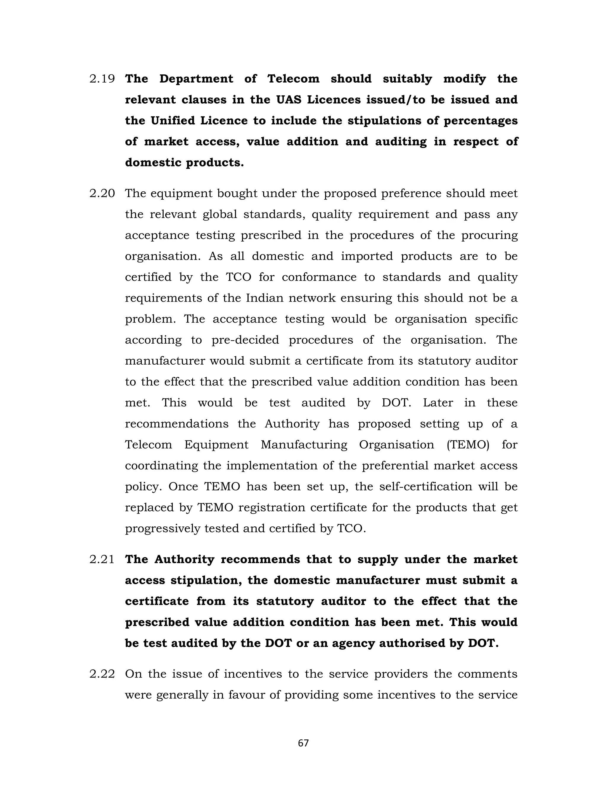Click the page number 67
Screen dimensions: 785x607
[303, 743]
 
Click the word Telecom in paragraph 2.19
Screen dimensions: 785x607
[293, 79]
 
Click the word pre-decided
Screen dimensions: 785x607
[245, 340]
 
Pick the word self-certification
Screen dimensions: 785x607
[426, 487]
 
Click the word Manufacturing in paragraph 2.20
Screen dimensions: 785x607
[304, 445]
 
